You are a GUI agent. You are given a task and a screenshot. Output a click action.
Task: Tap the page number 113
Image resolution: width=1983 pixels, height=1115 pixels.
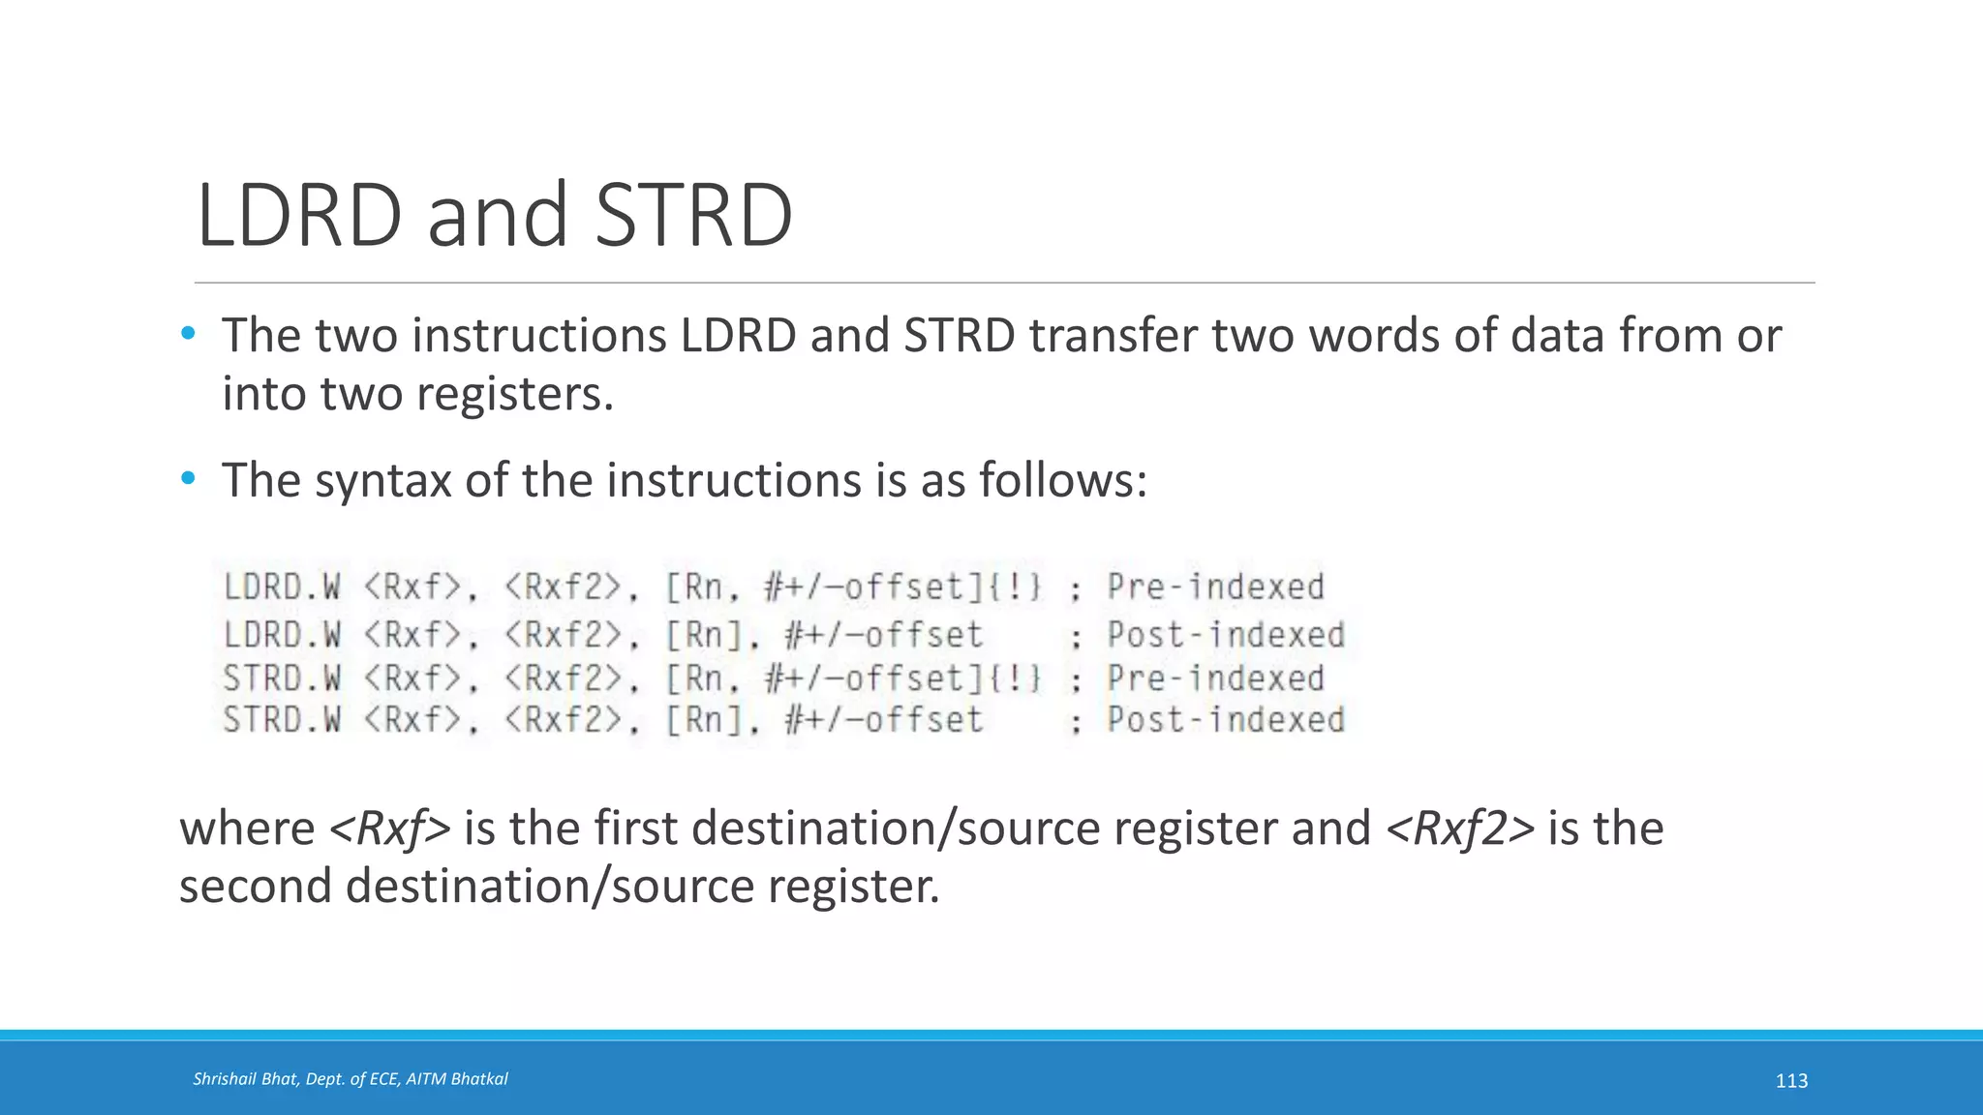point(1791,1081)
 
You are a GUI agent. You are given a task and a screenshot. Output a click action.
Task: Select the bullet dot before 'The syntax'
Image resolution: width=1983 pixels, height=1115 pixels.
point(188,478)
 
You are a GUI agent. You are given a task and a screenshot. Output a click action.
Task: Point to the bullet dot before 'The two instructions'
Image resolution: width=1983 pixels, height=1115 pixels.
point(188,334)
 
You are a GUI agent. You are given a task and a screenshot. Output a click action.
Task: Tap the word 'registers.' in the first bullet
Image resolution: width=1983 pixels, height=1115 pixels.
point(515,394)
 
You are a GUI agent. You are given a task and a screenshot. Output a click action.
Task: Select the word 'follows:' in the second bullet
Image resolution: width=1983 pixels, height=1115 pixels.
point(1062,480)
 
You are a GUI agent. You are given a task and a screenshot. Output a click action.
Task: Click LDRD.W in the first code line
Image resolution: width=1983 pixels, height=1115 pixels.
point(282,588)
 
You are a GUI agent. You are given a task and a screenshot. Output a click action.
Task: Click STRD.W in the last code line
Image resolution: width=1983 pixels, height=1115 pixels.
point(282,720)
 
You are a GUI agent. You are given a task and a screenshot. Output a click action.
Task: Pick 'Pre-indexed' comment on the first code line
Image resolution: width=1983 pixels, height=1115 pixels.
point(1215,588)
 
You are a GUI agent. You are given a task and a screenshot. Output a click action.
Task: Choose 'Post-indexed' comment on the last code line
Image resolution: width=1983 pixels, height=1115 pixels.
point(1226,720)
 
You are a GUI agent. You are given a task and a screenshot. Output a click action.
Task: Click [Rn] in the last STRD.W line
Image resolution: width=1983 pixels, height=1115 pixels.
point(705,720)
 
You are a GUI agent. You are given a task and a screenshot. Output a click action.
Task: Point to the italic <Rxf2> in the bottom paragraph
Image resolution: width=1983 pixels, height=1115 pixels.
point(1460,829)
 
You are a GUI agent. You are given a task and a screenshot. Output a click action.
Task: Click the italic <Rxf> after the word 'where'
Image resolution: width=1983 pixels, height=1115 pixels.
point(389,829)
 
